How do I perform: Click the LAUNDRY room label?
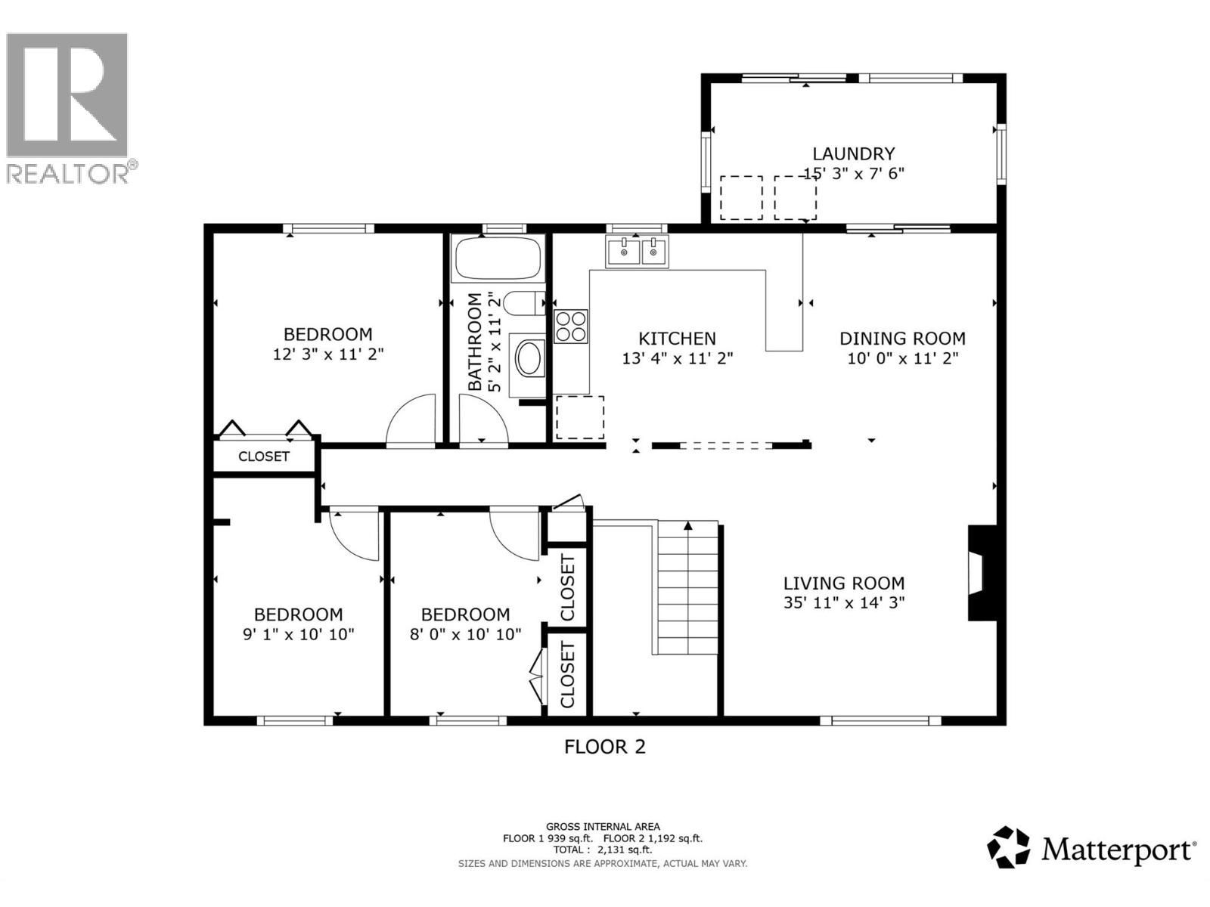(x=853, y=153)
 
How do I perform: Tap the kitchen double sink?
(x=637, y=252)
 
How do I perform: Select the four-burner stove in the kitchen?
(x=570, y=327)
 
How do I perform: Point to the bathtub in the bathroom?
(x=498, y=258)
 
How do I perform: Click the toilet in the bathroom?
(x=524, y=303)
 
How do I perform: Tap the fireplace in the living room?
(x=983, y=573)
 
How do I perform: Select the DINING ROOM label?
(x=902, y=338)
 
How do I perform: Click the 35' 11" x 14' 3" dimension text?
(x=844, y=602)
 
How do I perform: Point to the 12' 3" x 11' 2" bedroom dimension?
(x=328, y=354)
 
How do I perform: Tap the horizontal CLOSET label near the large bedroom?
(x=263, y=456)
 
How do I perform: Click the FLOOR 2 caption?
(x=605, y=747)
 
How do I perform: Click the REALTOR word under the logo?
(x=68, y=174)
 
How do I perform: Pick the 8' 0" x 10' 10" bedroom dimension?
(x=465, y=634)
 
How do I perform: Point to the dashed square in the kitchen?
(x=579, y=417)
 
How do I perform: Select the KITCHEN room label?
(x=677, y=338)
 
